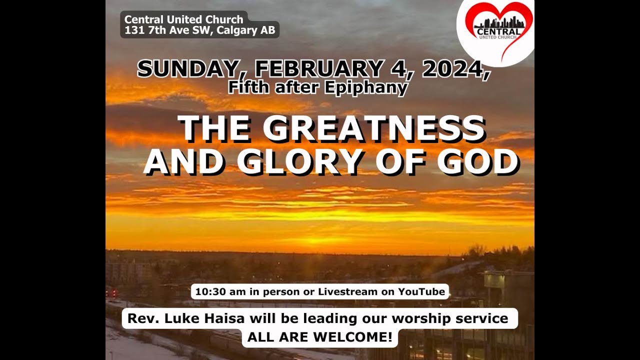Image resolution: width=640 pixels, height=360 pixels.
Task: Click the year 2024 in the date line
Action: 453,69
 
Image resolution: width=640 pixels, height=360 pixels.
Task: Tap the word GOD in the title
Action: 478,162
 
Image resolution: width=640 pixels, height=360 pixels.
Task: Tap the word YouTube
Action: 421,291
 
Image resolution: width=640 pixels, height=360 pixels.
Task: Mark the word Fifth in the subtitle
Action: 245,87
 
